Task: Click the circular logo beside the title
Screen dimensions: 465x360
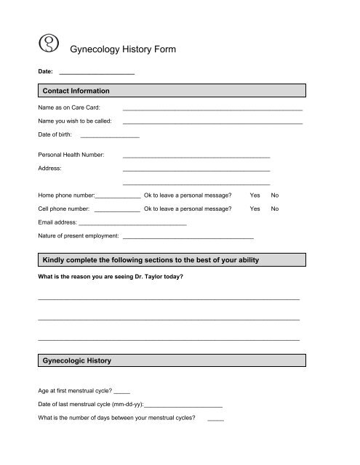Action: tap(49, 46)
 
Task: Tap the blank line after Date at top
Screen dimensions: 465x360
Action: tap(96, 73)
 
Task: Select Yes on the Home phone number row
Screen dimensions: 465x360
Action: tap(255, 195)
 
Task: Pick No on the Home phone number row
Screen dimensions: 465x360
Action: tap(274, 195)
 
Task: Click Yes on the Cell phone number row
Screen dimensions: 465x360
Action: tap(255, 209)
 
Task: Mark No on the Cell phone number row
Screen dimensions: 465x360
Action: tap(274, 209)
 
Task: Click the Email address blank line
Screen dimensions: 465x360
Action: tap(132, 222)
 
